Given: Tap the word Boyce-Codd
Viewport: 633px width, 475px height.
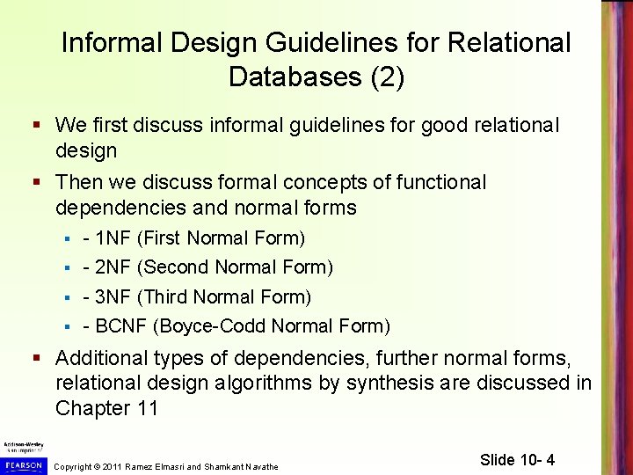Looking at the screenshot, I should tap(213, 326).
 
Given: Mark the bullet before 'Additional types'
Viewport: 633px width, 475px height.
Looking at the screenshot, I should tap(37, 359).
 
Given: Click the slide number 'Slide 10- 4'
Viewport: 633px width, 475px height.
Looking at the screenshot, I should tap(518, 460).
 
